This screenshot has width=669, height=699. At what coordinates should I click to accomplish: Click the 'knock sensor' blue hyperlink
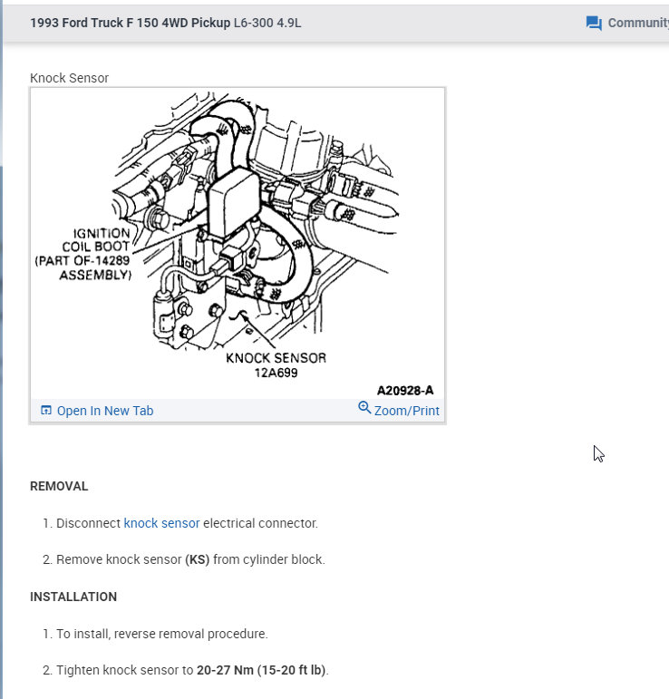[x=161, y=523]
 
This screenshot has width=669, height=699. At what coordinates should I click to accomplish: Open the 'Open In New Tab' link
[x=104, y=411]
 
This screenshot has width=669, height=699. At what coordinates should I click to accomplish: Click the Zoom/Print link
[x=406, y=411]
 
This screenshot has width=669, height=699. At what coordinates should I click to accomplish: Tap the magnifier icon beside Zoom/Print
[x=364, y=408]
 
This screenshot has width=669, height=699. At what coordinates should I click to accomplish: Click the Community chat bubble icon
[x=594, y=23]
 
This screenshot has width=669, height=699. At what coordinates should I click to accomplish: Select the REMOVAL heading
[x=59, y=486]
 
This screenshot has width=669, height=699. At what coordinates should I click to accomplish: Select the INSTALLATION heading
[x=73, y=597]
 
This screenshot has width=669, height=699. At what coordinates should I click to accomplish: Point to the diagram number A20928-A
[x=405, y=390]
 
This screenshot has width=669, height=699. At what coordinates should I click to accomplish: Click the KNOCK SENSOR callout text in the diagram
[x=275, y=357]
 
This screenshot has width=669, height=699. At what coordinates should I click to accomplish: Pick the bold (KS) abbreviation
[x=198, y=559]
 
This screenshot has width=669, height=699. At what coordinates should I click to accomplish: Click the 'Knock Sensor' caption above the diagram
[x=69, y=78]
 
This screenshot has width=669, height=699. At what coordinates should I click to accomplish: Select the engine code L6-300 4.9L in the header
[x=267, y=23]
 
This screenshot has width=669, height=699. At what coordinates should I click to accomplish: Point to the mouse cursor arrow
[x=598, y=453]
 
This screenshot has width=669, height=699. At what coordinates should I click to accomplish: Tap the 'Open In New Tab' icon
[x=46, y=411]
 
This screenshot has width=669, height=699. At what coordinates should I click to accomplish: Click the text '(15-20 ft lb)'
[x=294, y=671]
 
